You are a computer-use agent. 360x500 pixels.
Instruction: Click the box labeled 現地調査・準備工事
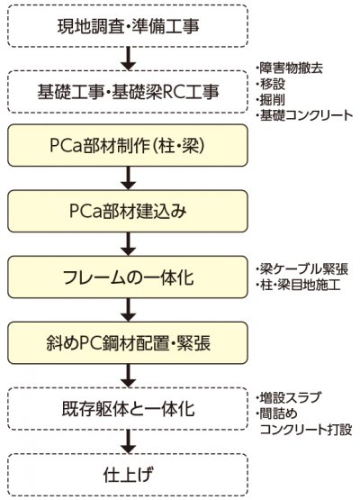(x=128, y=26)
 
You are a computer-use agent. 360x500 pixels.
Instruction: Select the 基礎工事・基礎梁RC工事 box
(x=128, y=92)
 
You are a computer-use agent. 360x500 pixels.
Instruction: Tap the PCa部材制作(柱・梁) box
(x=128, y=145)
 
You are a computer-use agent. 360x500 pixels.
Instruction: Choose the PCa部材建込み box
(x=128, y=211)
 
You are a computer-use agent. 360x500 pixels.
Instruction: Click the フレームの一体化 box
(x=128, y=277)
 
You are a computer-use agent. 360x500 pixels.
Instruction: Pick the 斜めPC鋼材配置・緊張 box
(x=128, y=343)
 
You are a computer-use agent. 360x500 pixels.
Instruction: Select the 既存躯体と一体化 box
(x=128, y=409)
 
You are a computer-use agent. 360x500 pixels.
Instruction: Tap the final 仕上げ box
(x=128, y=475)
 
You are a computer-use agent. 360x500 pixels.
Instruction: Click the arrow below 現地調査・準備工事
(x=128, y=59)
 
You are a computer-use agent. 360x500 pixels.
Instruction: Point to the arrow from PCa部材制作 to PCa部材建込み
(x=128, y=178)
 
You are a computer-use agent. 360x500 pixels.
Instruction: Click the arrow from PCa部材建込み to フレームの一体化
(x=128, y=244)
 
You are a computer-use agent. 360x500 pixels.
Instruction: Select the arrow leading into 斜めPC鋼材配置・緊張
(x=128, y=310)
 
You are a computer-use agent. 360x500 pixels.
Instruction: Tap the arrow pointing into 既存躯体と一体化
(x=128, y=376)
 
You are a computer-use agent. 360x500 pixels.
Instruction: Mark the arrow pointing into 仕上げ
(x=128, y=441)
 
